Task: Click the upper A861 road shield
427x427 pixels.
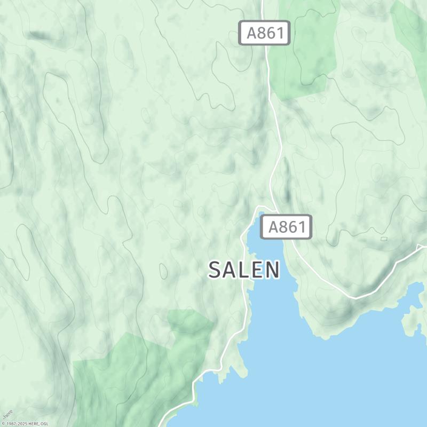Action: pos(264,33)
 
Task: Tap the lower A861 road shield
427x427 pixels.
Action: pos(286,227)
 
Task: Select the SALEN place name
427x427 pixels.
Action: pos(244,270)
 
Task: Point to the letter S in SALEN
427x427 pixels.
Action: pos(215,270)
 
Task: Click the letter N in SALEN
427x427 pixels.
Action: pos(272,270)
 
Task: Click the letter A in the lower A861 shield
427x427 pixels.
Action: pos(273,227)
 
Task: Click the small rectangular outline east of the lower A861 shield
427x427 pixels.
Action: pos(384,238)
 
